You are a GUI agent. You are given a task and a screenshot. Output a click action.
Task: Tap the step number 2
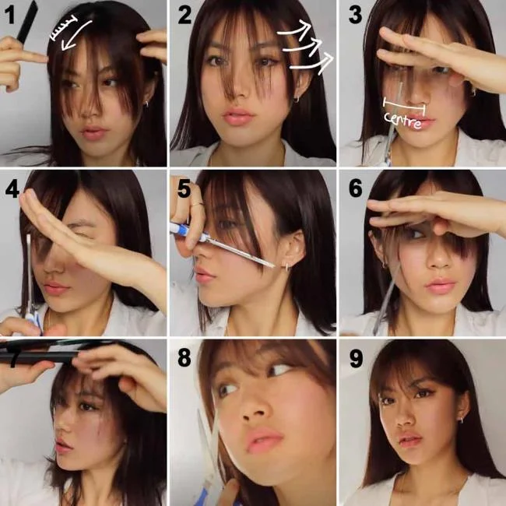coord(184,16)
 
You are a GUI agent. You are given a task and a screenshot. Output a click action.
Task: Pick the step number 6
coord(353,188)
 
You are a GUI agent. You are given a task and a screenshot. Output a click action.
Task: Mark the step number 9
coord(353,357)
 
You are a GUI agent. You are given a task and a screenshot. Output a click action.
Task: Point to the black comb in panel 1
coord(23,23)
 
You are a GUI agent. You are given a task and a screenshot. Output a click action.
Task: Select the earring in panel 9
coord(460,420)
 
